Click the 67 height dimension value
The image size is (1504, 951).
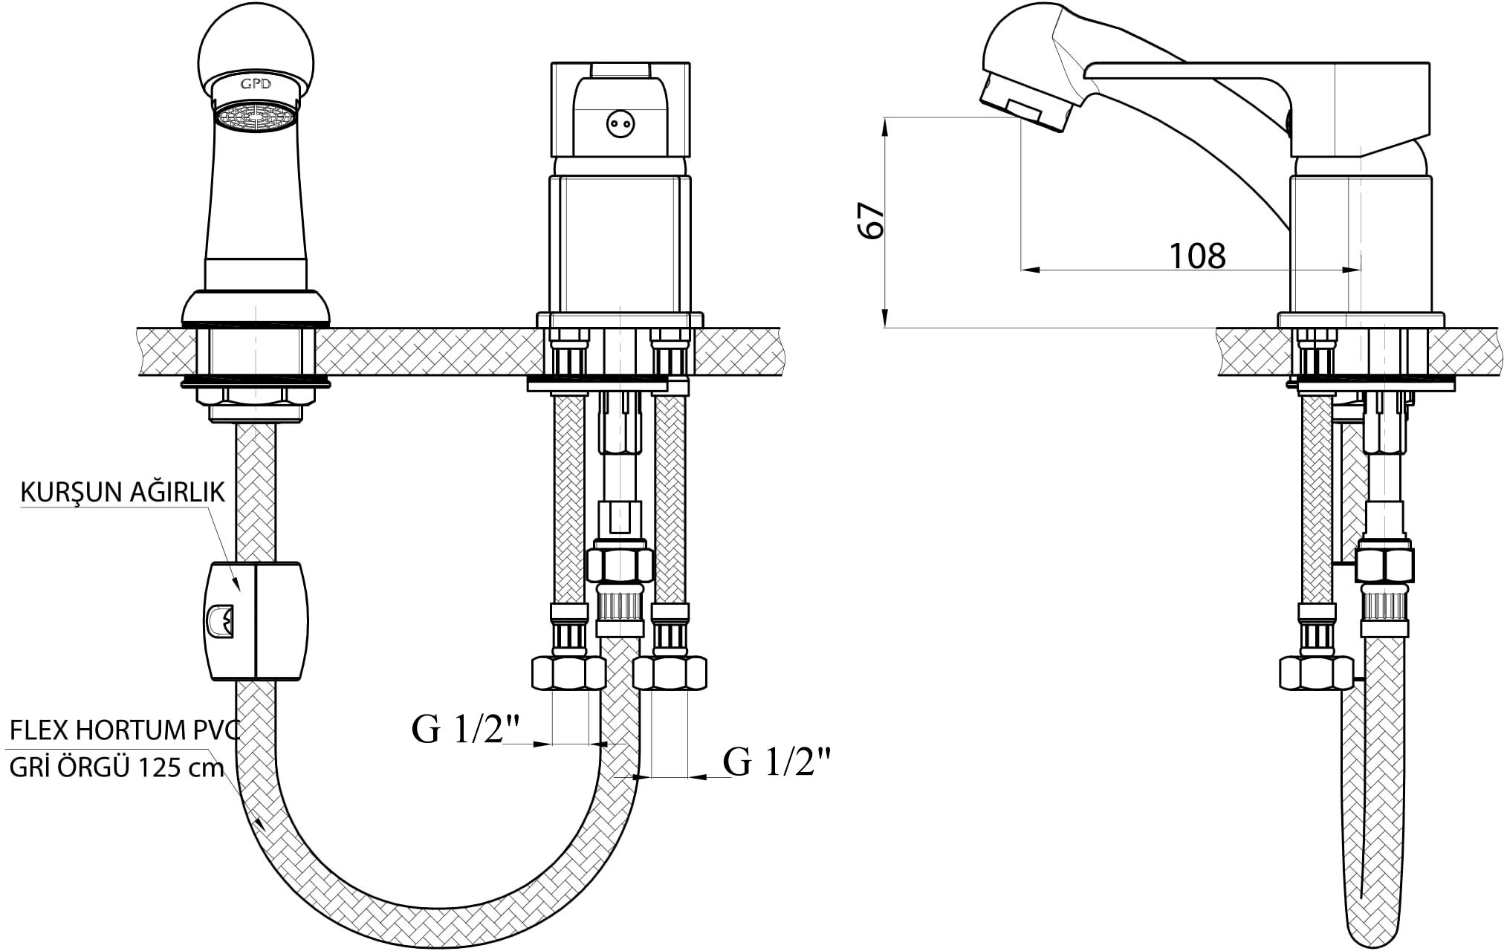(x=871, y=219)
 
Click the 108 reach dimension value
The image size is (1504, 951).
(x=1197, y=256)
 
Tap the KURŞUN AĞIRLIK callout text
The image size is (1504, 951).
(x=122, y=493)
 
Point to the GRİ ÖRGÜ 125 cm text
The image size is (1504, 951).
(x=117, y=767)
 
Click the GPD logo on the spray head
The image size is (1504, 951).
(x=255, y=84)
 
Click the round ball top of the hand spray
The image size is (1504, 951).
(x=256, y=48)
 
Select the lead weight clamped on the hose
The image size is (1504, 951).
(x=255, y=621)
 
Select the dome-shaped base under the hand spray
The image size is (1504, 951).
(x=256, y=306)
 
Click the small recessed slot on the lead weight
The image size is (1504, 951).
(x=220, y=620)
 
